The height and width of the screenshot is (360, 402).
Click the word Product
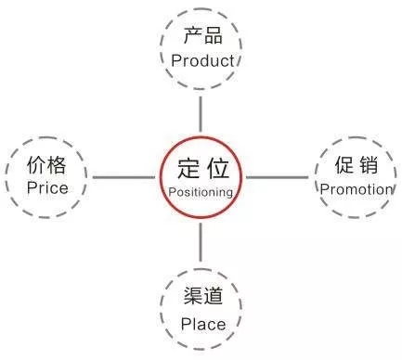(201, 60)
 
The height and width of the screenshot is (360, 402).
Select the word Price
(47, 188)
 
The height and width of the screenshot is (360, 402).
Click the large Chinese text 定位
(201, 169)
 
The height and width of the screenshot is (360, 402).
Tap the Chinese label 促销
(356, 167)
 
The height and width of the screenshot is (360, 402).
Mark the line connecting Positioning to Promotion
(278, 176)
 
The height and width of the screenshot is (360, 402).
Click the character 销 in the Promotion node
(369, 167)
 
